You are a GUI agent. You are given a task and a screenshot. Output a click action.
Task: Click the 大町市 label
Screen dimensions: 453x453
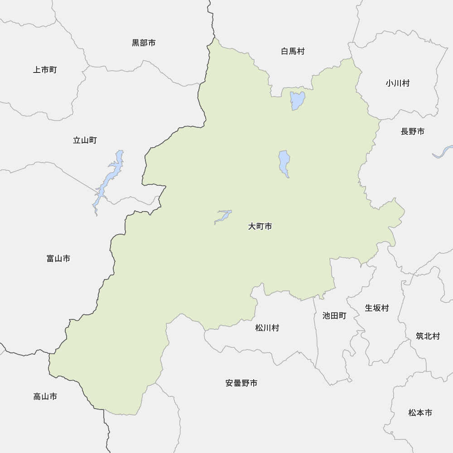coord(260,226)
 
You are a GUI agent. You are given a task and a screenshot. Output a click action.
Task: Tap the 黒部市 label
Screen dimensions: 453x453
coord(144,43)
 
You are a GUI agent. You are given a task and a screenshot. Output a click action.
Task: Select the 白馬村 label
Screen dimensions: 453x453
coord(293,51)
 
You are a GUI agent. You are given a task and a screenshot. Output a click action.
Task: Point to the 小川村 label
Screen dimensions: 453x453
coord(398,83)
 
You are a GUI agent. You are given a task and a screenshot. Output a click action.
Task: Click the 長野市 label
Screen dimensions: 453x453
coord(413,131)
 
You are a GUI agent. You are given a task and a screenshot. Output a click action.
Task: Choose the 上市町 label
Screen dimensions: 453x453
coord(45,70)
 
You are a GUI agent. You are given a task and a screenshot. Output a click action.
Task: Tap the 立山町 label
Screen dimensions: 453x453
coord(85,140)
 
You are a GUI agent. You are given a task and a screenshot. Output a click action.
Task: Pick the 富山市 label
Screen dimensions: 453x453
coord(58,259)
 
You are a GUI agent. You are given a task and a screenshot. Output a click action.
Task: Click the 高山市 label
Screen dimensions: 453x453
coord(45,397)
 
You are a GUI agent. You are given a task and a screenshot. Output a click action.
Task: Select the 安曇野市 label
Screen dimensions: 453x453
coord(241,383)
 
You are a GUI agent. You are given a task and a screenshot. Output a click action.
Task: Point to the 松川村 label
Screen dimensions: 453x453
coord(267,328)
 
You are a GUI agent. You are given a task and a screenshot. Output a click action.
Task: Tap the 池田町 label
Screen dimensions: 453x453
coord(334,316)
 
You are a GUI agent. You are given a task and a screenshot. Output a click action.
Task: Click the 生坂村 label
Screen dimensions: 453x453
coord(377,308)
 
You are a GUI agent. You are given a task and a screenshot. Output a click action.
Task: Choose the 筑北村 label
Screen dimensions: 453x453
coord(428,336)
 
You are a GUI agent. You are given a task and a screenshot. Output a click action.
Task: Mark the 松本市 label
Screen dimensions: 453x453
coord(420,413)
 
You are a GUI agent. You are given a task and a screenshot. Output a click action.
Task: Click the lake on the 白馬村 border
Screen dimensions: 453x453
coord(297,100)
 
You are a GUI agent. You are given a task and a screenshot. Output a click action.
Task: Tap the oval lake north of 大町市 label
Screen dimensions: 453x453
coord(284,163)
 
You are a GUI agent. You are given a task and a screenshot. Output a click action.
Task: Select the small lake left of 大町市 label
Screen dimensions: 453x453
coord(223,216)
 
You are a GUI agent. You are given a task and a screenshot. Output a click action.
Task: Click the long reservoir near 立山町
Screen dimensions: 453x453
coord(110,177)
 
